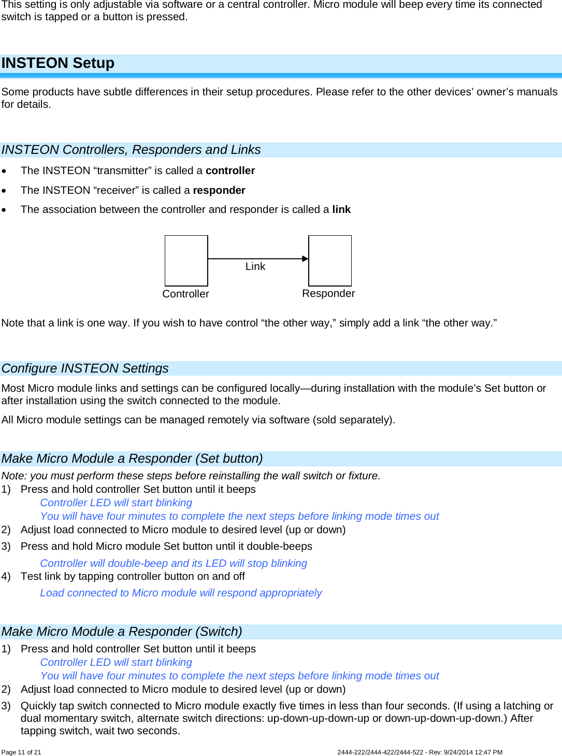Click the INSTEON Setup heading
[58, 63]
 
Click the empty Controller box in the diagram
[186, 261]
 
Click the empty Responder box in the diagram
[330, 261]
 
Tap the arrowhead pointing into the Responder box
[306, 259]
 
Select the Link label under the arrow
[255, 266]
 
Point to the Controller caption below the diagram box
[185, 294]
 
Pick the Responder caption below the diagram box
[328, 293]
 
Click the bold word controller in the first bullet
[230, 170]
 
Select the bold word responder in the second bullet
[219, 190]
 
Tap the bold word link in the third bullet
[341, 209]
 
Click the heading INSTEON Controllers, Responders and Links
[131, 150]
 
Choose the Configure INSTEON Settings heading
[85, 368]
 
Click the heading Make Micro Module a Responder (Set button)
[132, 459]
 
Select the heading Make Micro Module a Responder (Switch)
[122, 632]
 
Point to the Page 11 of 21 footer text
[21, 752]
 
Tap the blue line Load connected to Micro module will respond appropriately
[181, 593]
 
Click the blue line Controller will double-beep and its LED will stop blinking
[174, 563]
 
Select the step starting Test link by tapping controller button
[133, 576]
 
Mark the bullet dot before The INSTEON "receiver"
[4, 191]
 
